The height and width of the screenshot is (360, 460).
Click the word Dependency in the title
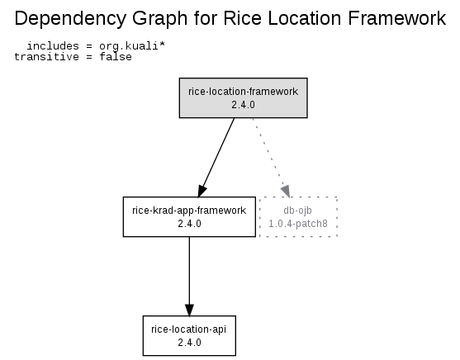(70, 19)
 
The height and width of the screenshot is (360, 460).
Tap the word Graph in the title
(159, 19)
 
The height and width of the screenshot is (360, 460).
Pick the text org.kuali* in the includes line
(132, 46)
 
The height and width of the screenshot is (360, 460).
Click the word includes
(53, 46)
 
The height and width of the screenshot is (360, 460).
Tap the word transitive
(46, 57)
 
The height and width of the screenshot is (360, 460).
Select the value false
(116, 57)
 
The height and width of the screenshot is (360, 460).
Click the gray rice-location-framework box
(243, 98)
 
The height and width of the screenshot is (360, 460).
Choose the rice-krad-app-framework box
(189, 217)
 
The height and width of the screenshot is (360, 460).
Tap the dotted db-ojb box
(298, 217)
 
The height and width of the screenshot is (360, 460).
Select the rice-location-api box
(189, 336)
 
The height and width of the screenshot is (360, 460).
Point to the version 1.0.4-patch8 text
(298, 224)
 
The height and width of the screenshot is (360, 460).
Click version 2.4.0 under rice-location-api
(189, 343)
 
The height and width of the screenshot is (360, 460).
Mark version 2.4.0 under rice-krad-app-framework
(189, 224)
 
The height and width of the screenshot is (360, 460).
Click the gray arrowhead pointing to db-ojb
(286, 191)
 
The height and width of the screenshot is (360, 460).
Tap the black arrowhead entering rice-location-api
(189, 310)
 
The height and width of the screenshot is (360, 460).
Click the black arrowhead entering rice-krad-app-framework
(202, 191)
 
